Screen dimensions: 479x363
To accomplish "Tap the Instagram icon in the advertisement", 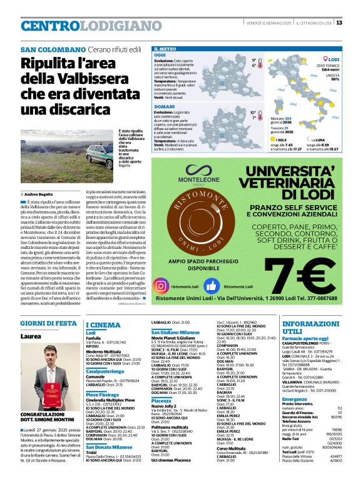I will (161, 285).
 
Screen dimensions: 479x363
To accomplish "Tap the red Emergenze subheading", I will (295, 398).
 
